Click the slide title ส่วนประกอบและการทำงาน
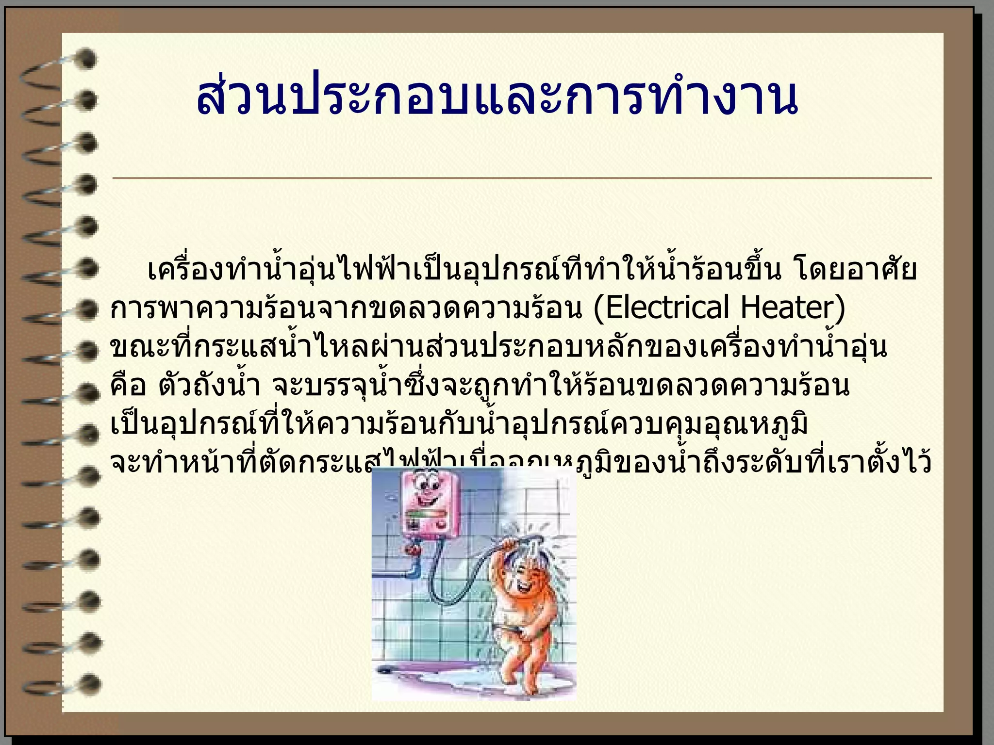[497, 97]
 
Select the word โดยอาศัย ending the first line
[855, 270]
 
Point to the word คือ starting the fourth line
[129, 386]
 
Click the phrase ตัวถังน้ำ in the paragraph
[209, 386]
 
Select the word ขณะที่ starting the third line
[144, 347]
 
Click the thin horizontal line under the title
[522, 178]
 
